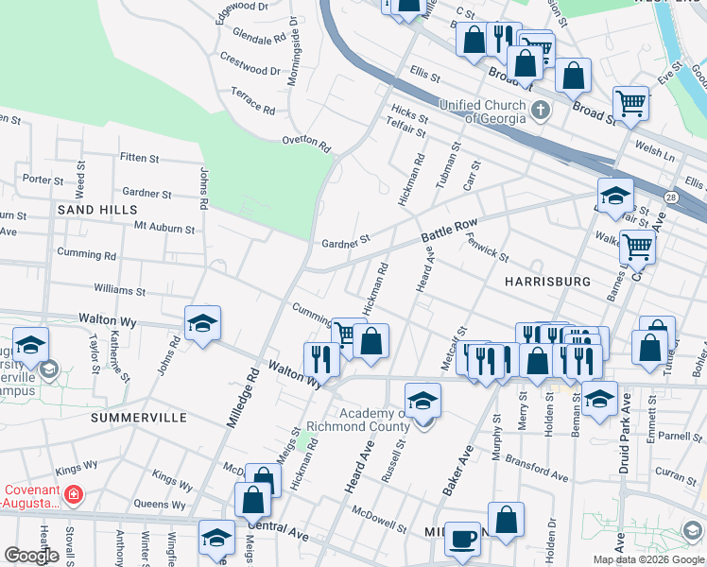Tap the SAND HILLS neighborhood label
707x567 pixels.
click(97, 209)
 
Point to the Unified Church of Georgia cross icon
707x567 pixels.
click(541, 111)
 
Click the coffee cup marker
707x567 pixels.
click(462, 539)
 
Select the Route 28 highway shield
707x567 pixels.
click(669, 196)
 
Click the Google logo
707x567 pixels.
click(31, 556)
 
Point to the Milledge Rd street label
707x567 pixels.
click(242, 396)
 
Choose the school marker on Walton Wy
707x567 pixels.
click(202, 324)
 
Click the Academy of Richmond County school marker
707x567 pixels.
click(423, 401)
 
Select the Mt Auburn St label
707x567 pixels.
click(164, 228)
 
